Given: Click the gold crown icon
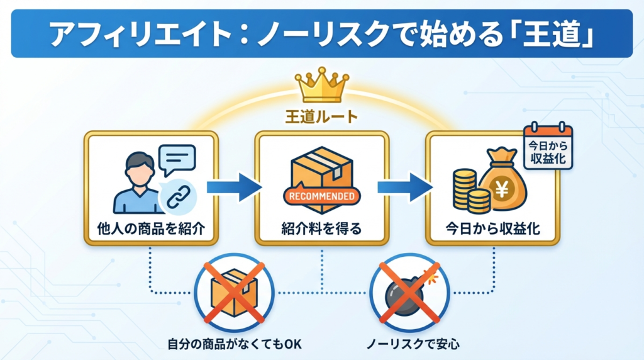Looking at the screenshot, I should (x=321, y=87).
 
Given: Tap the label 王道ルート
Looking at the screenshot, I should (x=321, y=117).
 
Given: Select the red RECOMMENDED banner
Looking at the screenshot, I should (x=321, y=196).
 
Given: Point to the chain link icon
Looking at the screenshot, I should (x=177, y=198).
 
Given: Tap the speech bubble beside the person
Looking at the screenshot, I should (x=178, y=160).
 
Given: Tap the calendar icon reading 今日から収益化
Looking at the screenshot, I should (x=548, y=148).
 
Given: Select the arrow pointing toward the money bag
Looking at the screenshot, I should (x=404, y=187).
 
